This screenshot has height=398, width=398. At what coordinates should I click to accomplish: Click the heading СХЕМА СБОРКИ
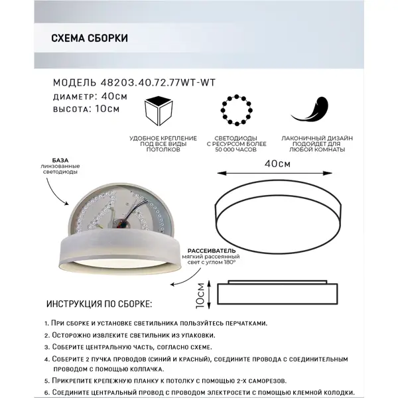[x=90, y=38]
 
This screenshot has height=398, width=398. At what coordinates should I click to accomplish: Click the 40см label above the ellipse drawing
[x=277, y=163]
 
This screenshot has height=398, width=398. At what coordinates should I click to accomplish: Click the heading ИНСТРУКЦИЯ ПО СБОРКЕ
[x=99, y=304]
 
